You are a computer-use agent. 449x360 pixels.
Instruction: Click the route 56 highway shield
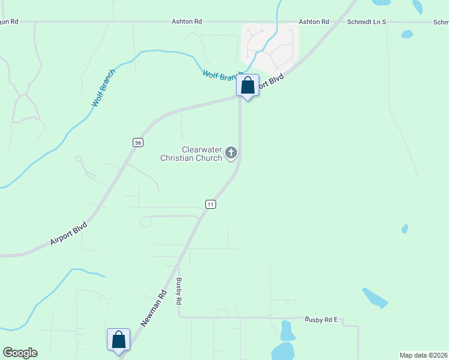click(x=138, y=142)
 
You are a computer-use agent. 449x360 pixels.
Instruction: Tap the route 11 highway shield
click(x=210, y=204)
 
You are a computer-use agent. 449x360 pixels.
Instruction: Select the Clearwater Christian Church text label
click(x=191, y=154)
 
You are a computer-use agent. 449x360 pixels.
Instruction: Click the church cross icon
click(x=231, y=154)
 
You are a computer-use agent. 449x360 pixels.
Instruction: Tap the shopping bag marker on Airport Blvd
click(x=247, y=86)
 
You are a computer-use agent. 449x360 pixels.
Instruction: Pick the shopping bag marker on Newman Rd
click(x=118, y=340)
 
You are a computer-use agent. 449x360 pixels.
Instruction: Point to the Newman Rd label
click(x=154, y=309)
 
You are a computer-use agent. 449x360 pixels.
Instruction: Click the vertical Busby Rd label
click(x=179, y=293)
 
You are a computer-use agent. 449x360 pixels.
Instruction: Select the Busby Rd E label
click(x=322, y=319)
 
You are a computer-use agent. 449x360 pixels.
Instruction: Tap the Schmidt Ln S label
click(x=367, y=22)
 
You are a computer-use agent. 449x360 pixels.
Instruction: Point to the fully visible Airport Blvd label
click(x=68, y=233)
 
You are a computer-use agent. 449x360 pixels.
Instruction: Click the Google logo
click(x=20, y=353)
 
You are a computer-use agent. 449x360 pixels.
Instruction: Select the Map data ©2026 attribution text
click(x=423, y=355)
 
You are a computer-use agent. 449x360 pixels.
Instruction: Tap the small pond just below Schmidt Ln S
click(x=407, y=34)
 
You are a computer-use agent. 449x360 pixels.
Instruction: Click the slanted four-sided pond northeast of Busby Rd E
click(x=375, y=298)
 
